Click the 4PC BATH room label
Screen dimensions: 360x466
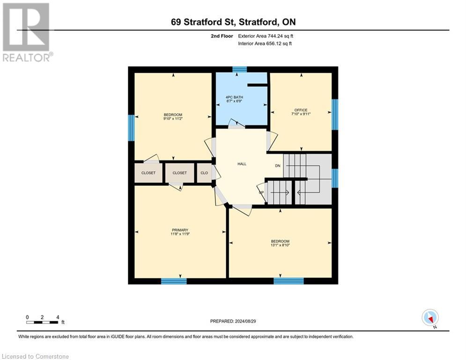point(235,97)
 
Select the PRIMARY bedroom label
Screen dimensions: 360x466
point(180,230)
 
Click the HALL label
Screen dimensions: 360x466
point(242,164)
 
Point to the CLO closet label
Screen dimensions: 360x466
point(204,173)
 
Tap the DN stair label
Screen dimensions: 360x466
point(278,165)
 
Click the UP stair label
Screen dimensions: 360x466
point(261,192)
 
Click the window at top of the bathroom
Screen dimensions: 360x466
point(239,69)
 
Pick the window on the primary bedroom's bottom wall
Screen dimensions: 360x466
point(174,281)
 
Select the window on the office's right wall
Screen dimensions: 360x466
point(334,114)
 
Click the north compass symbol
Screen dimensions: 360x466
point(429,318)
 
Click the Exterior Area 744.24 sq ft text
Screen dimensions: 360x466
point(266,36)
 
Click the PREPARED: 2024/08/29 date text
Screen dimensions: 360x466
point(233,321)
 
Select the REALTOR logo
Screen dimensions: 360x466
point(27,32)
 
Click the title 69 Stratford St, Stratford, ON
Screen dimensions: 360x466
point(233,22)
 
